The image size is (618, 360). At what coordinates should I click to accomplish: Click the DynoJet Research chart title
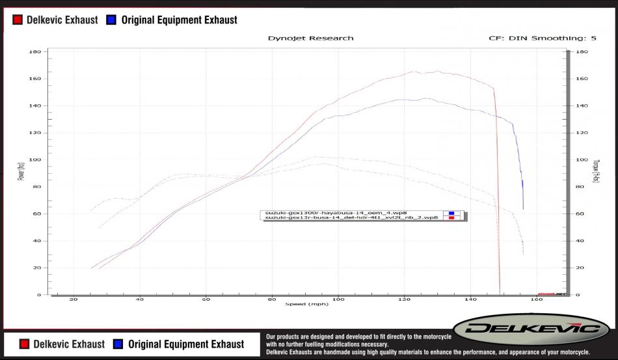310,38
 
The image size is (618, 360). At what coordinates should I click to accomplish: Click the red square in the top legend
18,20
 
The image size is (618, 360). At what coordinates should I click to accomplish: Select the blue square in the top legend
111,20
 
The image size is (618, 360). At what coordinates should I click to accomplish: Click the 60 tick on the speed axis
206,300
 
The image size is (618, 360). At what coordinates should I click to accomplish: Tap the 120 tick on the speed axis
404,300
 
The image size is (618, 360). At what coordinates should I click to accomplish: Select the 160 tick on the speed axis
537,300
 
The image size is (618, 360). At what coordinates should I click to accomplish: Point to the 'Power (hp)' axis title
21,173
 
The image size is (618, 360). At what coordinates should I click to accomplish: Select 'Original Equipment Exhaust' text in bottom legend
185,344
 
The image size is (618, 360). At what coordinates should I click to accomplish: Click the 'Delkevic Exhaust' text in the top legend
62,20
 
